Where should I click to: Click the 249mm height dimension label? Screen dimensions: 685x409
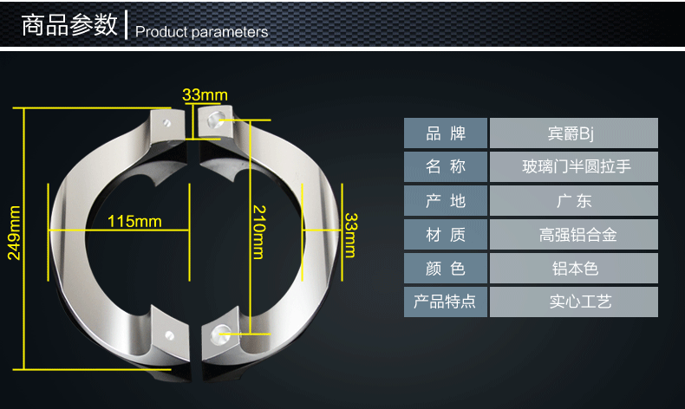(14, 232)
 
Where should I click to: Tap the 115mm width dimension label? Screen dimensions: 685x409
(134, 221)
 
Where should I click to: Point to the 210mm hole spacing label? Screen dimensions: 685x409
(258, 231)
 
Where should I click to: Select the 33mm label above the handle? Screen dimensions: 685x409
(205, 94)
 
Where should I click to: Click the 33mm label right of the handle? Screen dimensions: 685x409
(350, 235)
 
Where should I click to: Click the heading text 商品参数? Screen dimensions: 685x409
(69, 24)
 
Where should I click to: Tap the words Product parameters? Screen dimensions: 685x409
(201, 32)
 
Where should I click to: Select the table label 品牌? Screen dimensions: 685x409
(446, 133)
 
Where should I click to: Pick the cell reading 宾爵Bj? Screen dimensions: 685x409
(571, 133)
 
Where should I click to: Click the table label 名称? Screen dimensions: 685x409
(446, 166)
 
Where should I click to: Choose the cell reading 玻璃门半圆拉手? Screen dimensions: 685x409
(577, 166)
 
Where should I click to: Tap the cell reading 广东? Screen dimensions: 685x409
(574, 201)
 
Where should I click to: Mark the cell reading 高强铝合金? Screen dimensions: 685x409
(577, 235)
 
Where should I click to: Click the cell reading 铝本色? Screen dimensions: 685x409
(575, 269)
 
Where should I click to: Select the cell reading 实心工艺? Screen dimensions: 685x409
(580, 302)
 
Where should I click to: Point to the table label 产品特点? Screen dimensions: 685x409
(444, 302)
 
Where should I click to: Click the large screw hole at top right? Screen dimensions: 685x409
(216, 120)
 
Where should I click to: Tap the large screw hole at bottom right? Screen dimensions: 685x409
(219, 334)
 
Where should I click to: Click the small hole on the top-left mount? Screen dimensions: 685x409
(166, 123)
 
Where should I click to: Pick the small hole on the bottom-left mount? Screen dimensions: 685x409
(170, 335)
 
